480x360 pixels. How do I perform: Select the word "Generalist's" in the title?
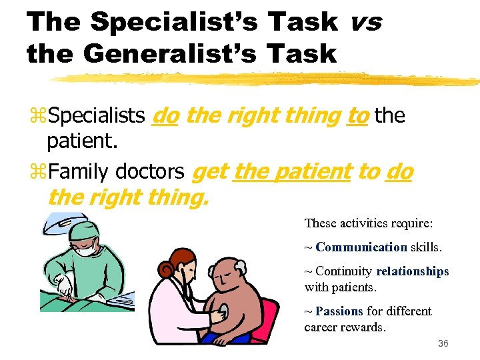[167, 53]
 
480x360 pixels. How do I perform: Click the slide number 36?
[443, 343]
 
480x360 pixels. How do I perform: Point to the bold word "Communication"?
[361, 247]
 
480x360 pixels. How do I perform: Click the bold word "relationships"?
[413, 271]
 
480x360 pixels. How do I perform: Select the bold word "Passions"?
[339, 311]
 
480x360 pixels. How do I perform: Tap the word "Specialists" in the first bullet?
[97, 116]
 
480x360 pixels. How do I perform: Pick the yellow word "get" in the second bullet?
[209, 172]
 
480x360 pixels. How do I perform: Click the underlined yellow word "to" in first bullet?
[358, 116]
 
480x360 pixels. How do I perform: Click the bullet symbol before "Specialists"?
[37, 117]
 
